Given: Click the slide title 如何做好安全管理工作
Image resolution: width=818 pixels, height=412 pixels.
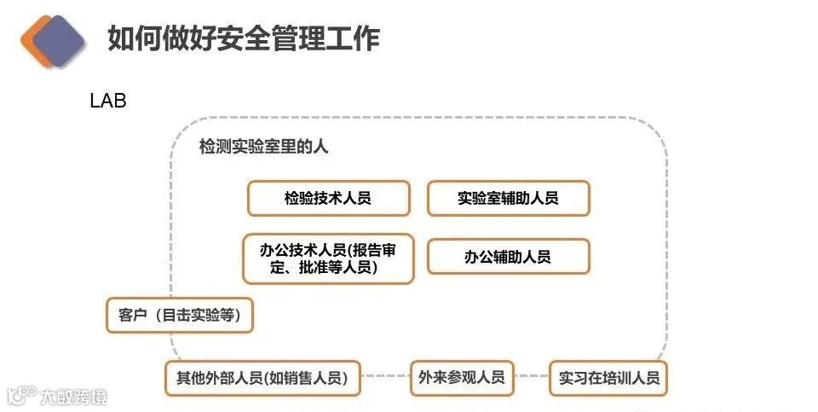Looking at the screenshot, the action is (243, 38).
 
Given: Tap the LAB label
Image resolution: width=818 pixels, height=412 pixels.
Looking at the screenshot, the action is (108, 101).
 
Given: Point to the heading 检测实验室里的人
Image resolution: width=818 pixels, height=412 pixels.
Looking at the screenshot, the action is (263, 147).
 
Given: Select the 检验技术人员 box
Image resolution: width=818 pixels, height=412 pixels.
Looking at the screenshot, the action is (328, 199).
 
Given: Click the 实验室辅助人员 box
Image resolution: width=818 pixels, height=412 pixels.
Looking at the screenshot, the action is (508, 199).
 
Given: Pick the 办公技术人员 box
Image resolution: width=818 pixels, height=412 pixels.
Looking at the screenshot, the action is (328, 258).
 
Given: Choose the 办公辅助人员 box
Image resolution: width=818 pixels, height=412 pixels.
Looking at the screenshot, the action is (508, 257).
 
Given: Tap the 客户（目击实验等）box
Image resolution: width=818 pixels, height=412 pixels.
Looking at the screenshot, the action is (180, 316).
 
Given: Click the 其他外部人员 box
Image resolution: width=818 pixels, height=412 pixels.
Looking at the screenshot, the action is (262, 378).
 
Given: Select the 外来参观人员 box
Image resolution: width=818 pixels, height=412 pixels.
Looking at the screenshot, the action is (461, 377).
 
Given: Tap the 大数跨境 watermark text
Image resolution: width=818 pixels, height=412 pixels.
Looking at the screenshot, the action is (74, 397).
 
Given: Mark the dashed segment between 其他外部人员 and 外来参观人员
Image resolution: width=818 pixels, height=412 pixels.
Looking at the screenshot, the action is (384, 376).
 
